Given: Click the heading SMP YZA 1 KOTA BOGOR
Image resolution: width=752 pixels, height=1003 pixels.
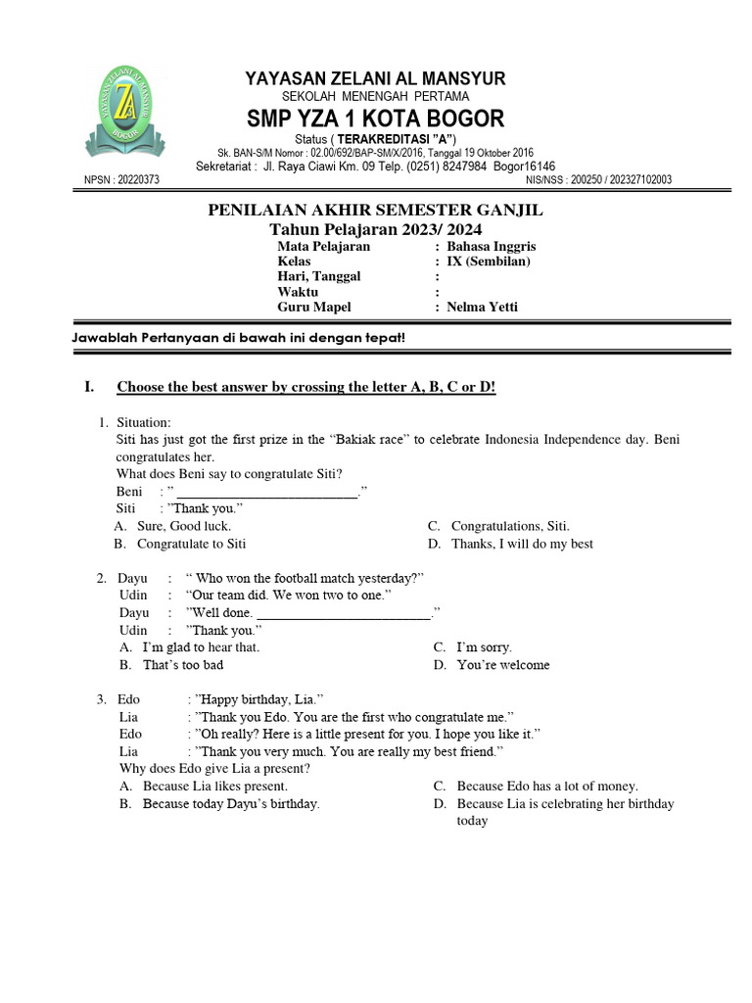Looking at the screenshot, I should (375, 119).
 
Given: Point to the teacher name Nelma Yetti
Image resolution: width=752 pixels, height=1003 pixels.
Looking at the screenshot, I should (482, 307).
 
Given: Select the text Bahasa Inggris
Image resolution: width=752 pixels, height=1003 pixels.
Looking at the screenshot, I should (491, 246).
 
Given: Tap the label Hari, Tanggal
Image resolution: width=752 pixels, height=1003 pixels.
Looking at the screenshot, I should (319, 276).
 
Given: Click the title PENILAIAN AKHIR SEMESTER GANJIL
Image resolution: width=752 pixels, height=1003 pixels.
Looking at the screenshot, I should (375, 211).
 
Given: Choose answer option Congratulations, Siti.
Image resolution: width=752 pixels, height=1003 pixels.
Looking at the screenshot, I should (509, 526).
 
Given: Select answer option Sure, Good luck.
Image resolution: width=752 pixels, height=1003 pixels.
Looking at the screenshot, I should (183, 526).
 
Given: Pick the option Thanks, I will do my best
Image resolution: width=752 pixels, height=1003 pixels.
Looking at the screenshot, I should (521, 544).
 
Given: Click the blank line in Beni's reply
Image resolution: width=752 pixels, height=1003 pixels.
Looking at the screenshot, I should (266, 492).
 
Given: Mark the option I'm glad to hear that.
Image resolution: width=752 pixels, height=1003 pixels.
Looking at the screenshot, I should (201, 647).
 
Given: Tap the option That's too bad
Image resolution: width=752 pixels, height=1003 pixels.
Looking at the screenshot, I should (182, 665).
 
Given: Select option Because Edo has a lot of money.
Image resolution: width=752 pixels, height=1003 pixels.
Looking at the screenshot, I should (546, 786).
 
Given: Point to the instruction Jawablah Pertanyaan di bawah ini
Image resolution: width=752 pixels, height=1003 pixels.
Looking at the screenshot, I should (239, 338).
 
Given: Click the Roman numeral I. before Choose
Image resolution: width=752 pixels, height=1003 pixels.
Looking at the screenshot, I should (89, 388).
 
